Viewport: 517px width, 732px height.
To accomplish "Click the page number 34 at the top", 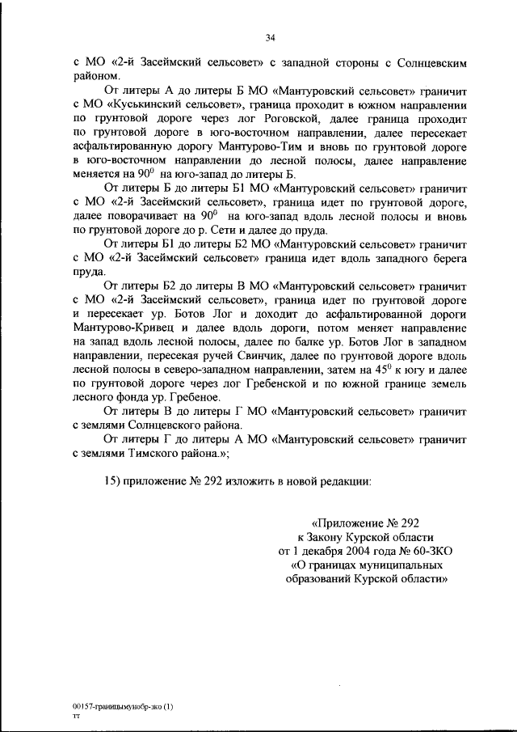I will pos(270,36).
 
